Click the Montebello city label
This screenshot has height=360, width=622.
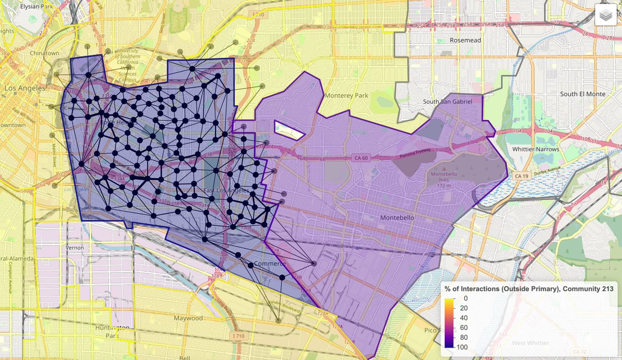(397, 218)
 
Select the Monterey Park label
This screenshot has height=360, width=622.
(346, 96)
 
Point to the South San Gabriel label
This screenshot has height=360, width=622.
(447, 102)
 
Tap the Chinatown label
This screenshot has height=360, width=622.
(45, 53)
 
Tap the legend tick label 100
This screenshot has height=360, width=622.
(464, 347)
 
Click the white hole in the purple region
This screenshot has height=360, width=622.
(288, 129)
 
